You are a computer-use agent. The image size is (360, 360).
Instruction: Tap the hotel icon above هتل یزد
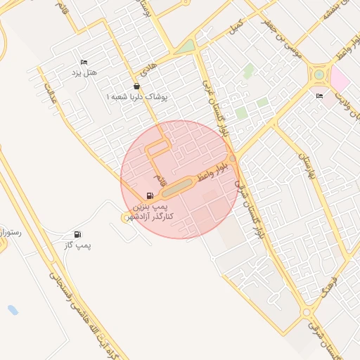[84, 63]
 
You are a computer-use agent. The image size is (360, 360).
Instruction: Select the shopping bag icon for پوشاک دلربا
[136, 86]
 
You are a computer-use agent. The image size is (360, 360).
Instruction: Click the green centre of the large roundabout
[319, 73]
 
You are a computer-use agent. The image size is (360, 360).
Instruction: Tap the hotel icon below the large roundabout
[320, 96]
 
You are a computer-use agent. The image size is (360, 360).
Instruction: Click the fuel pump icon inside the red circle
[149, 196]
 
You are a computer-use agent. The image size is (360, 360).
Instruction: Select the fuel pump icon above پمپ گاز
[77, 234]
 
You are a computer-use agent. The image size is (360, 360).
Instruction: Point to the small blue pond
[13, 309]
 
